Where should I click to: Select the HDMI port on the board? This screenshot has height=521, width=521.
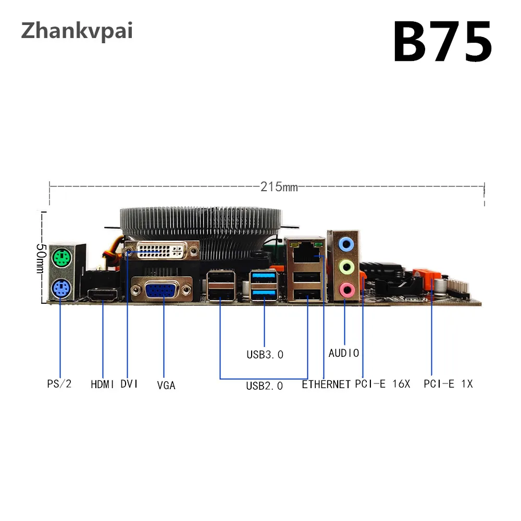click(x=103, y=295)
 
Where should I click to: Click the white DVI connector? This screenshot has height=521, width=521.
click(x=162, y=253)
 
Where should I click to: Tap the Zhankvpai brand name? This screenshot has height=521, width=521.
click(x=77, y=31)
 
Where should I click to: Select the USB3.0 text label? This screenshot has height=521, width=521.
click(x=265, y=355)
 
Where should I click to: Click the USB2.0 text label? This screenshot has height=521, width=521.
click(x=265, y=386)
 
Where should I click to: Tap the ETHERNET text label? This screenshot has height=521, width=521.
click(x=326, y=384)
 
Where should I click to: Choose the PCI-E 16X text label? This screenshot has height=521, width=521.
click(x=383, y=384)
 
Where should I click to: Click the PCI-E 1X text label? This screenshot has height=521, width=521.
click(x=448, y=384)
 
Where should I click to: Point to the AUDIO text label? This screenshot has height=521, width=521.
click(x=344, y=353)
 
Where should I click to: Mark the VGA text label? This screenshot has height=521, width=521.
click(x=166, y=386)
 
